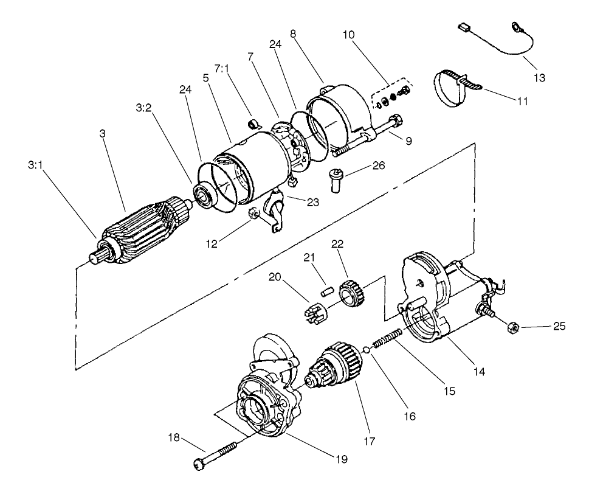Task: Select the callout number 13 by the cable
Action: coord(539,78)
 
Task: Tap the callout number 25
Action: coord(559,327)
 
